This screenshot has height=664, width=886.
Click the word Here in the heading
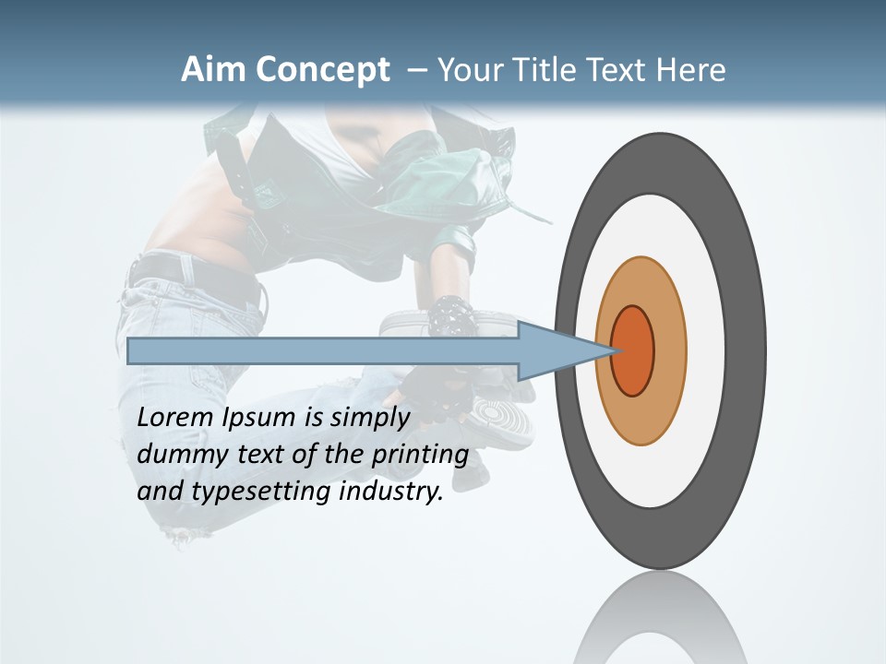(690, 70)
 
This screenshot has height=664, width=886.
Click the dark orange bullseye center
(633, 351)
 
